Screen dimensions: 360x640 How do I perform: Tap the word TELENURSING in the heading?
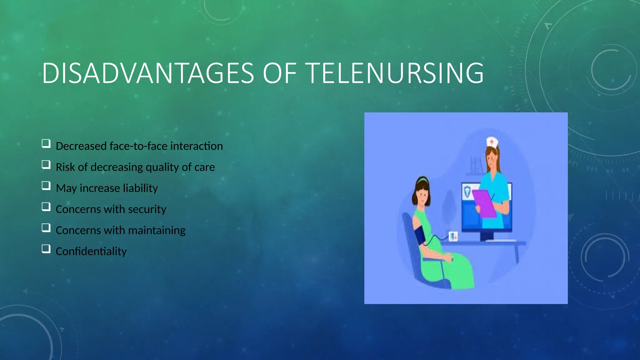396,73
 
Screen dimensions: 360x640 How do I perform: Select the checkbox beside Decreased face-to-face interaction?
46,143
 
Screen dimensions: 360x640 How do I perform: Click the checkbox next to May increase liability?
46,186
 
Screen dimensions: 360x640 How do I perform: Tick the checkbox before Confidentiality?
46,249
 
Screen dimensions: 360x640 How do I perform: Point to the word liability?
140,188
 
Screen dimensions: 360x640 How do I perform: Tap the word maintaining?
157,230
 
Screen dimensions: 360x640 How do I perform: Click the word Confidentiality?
91,251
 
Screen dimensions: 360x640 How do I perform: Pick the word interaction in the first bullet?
197,146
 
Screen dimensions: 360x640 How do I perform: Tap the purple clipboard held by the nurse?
484,203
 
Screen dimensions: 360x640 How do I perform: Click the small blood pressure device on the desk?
453,236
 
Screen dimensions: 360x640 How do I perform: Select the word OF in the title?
280,73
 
